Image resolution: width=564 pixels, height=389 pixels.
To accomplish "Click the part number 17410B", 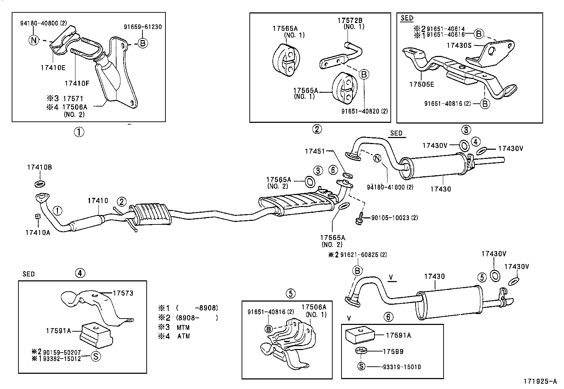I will click(39, 167).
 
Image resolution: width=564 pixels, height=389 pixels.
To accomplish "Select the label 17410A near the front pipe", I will click(38, 233).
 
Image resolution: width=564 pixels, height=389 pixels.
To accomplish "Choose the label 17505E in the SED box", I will click(422, 84).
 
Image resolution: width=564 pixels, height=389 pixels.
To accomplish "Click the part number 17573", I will click(123, 293).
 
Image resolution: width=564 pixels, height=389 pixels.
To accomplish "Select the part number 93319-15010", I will click(402, 367).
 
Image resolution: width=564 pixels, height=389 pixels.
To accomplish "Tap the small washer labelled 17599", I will click(361, 351).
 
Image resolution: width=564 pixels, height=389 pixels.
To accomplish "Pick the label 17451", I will click(315, 151).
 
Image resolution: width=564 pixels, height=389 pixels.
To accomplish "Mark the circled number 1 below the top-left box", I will click(79, 132).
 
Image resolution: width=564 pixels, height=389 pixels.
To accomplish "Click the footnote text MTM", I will click(183, 327).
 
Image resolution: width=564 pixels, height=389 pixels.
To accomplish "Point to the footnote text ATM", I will click(184, 336).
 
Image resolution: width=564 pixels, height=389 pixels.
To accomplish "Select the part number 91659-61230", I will click(143, 27).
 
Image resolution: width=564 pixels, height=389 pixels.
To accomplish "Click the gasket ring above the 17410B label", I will click(40, 183).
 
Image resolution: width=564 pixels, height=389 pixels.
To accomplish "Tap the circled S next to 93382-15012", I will click(96, 356).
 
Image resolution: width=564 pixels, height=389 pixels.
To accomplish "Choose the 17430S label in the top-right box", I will click(459, 45).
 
